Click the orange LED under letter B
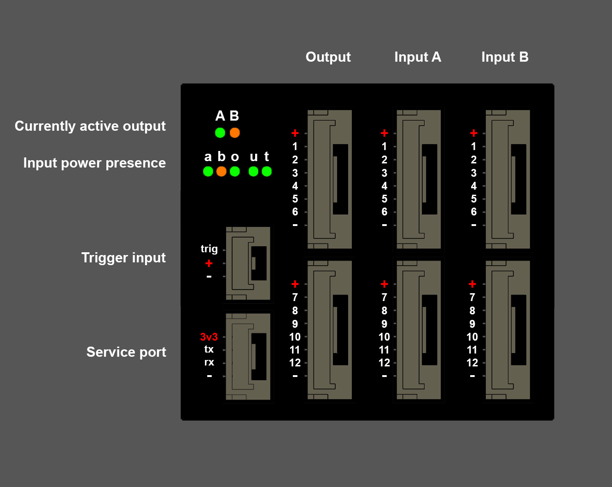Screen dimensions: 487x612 click(235, 133)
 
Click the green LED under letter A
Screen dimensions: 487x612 click(220, 133)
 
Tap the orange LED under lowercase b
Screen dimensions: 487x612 click(221, 171)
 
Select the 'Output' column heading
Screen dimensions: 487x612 click(328, 57)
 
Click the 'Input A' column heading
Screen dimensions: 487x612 click(417, 57)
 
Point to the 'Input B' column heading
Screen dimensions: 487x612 click(505, 57)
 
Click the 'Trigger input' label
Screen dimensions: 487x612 click(123, 258)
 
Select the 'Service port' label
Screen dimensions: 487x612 click(126, 352)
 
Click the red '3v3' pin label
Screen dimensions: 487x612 click(209, 337)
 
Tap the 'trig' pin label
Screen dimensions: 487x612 click(209, 249)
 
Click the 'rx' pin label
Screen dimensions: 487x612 click(209, 362)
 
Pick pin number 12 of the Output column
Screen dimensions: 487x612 click(295, 363)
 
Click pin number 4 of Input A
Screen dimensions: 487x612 click(385, 186)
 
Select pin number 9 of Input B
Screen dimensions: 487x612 click(472, 324)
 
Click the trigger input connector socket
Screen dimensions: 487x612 click(248, 263)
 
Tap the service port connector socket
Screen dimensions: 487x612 click(248, 357)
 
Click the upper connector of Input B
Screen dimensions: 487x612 click(508, 180)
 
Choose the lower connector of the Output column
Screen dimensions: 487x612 click(330, 330)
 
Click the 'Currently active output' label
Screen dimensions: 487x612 click(90, 126)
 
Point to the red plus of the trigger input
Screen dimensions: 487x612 click(209, 263)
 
